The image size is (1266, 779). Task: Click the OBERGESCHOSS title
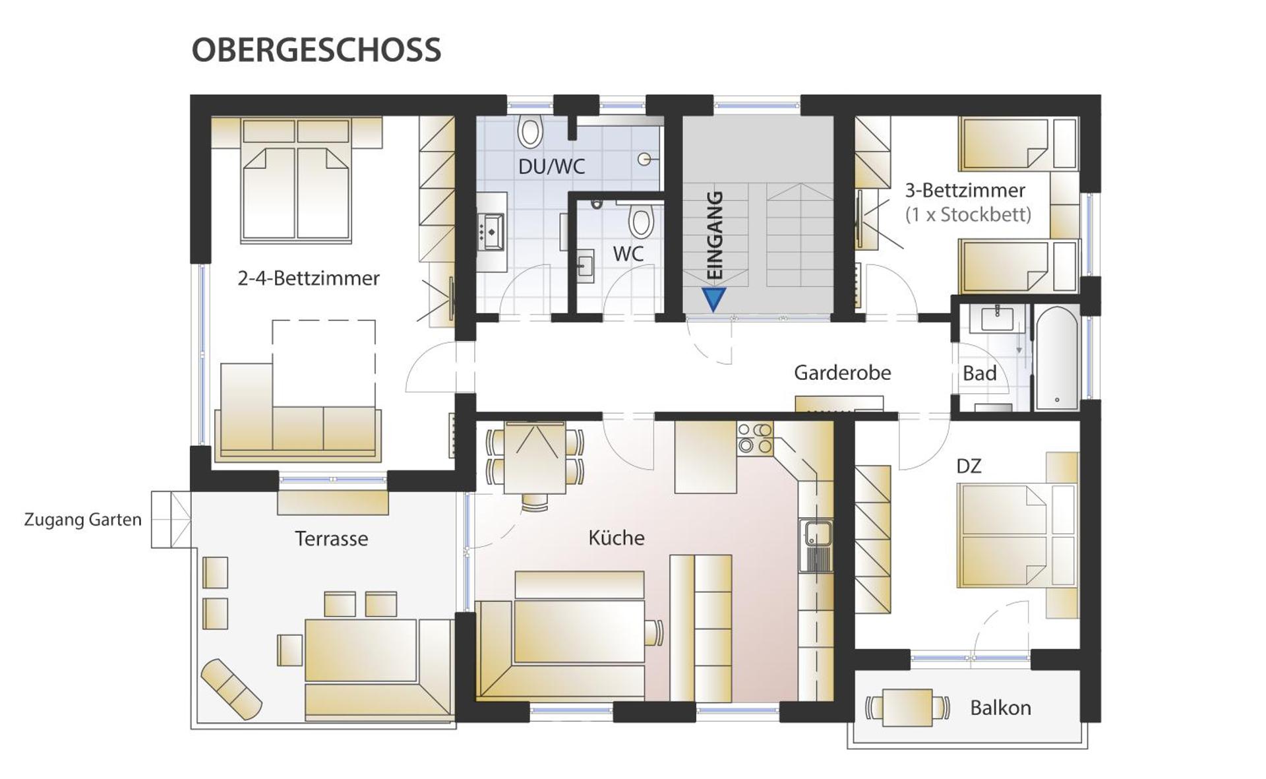[x=316, y=50]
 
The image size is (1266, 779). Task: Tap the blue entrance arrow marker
[x=713, y=299]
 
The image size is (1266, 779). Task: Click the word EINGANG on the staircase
[x=715, y=235]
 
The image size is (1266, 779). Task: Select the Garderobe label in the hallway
[x=842, y=373]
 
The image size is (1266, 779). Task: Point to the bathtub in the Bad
[x=1056, y=357]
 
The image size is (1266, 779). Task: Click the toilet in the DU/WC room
[x=529, y=131]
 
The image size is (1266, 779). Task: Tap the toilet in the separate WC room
[x=640, y=221]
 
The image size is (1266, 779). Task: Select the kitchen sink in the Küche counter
[x=816, y=545]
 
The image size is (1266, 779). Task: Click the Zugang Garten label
[x=83, y=520]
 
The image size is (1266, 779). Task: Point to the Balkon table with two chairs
[x=907, y=708]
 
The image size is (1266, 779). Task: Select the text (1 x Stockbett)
[x=967, y=214]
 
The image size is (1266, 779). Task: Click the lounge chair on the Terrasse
[x=231, y=689]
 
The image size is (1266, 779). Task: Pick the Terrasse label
[x=331, y=539]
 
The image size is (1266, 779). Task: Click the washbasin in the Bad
[x=997, y=319]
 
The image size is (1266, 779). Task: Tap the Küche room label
[x=616, y=538]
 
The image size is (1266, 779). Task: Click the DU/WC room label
[x=551, y=166]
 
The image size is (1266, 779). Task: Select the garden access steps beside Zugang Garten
[x=171, y=520]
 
